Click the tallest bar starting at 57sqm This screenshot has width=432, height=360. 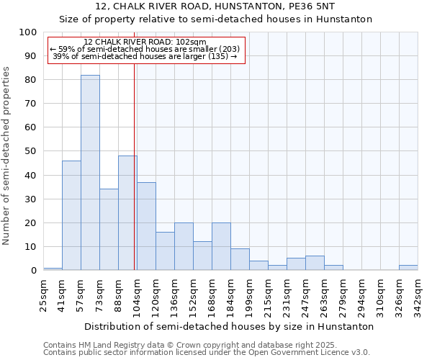(90, 173)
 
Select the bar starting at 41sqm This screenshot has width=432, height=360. (71, 215)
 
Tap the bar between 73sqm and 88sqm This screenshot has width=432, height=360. (109, 230)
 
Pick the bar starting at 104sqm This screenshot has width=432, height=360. (146, 226)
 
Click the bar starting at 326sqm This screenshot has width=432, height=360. (408, 268)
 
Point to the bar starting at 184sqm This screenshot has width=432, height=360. (240, 260)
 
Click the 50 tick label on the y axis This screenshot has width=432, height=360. (30, 151)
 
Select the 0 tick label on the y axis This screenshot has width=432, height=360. (33, 271)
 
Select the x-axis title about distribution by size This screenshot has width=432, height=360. (229, 326)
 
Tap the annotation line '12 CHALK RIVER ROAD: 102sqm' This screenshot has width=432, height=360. (145, 42)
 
